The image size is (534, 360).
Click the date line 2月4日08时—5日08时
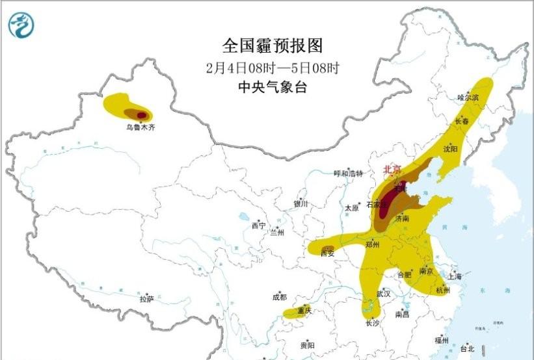pos(273,67)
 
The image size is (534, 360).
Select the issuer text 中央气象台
pos(273,87)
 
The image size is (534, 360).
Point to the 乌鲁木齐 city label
pos(140,128)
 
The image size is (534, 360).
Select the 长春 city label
pos(461,121)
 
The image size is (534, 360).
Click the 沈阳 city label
pos(450,149)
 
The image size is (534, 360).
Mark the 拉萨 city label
pos(147,299)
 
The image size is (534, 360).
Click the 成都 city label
pos(279,298)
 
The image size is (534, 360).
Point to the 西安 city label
pos(327,254)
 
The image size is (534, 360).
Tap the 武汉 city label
pos(384,294)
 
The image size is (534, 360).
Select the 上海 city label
pos(455,277)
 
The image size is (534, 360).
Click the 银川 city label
pos(300,203)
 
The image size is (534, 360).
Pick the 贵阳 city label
pos(307,345)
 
